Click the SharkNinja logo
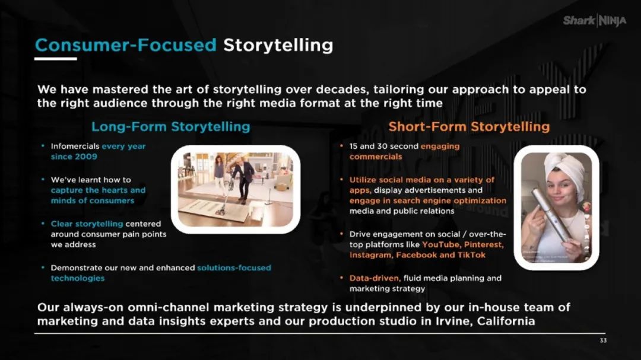pos(594,20)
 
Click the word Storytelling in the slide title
pos(278,45)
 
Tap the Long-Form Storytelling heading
pos(170,127)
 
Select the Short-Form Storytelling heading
pos(469,127)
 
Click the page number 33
pos(603,340)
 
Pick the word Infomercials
pos(75,146)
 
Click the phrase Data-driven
pos(375,278)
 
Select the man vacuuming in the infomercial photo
pos(244,178)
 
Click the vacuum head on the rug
pos(221,211)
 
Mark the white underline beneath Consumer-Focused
pos(55,59)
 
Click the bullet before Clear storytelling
pos(43,224)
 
